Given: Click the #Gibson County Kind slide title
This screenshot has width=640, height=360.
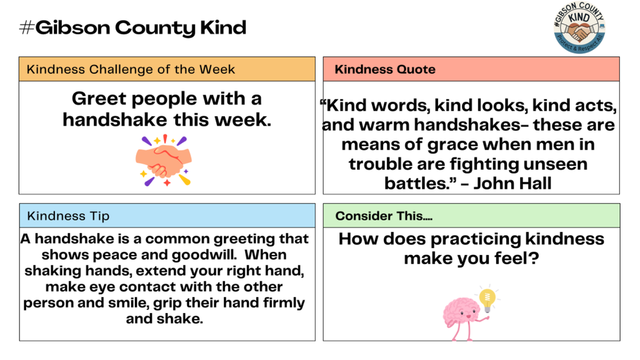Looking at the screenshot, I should point(133,28).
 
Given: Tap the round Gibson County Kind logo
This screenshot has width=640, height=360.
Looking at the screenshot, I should point(579,28).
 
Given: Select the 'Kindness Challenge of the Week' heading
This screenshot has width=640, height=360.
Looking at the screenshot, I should point(131,69).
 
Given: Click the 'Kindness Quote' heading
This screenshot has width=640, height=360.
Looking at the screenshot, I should point(385,69).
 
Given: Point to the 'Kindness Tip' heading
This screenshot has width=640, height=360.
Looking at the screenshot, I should point(68,216).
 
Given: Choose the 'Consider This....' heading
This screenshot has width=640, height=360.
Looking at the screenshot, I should point(384,216).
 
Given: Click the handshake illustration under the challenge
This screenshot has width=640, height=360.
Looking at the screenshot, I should point(164,160).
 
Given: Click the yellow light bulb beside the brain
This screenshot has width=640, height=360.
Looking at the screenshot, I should point(487,298).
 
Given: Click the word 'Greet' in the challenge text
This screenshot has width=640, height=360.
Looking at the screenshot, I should point(98,99).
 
